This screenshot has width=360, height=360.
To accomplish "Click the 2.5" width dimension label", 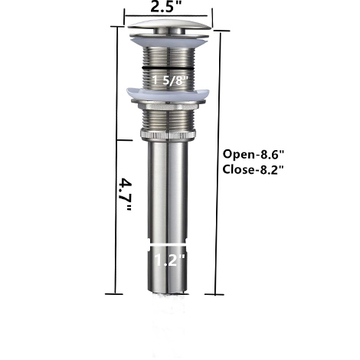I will [x=166, y=8].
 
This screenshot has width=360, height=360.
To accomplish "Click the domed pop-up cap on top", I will [x=166, y=31].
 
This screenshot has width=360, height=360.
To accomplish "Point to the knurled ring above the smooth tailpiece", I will [x=166, y=135].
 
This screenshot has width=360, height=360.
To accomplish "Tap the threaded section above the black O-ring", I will [x=166, y=56].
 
